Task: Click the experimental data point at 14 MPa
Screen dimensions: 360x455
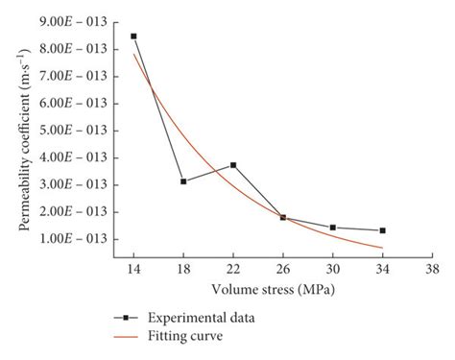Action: tap(133, 36)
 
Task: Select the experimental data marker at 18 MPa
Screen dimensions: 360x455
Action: tap(183, 181)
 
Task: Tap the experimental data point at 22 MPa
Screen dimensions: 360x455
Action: tap(233, 165)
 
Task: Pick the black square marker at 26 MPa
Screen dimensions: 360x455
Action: tap(283, 218)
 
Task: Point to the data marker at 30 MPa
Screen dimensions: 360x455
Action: tap(333, 228)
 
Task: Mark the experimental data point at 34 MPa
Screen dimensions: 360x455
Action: tap(383, 230)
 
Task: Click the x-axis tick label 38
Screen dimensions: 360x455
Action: tap(433, 272)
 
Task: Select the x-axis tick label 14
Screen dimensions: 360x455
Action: tap(133, 272)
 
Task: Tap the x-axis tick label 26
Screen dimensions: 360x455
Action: tap(283, 272)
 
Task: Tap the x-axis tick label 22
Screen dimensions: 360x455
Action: tap(233, 272)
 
